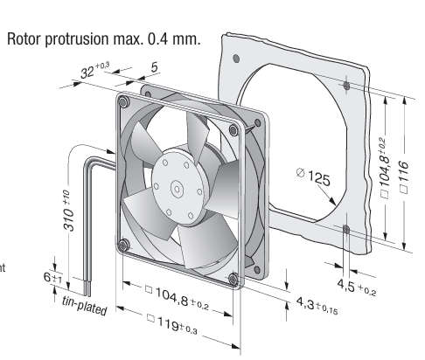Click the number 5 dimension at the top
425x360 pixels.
click(x=154, y=67)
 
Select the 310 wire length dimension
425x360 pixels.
click(x=69, y=211)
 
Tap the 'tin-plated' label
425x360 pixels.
click(x=84, y=306)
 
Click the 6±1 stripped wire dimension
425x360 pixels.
click(x=52, y=277)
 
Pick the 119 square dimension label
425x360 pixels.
click(x=172, y=324)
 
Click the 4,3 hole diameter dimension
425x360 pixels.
click(x=317, y=306)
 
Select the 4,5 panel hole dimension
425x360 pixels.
click(x=357, y=287)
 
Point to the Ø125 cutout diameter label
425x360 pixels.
click(x=313, y=177)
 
